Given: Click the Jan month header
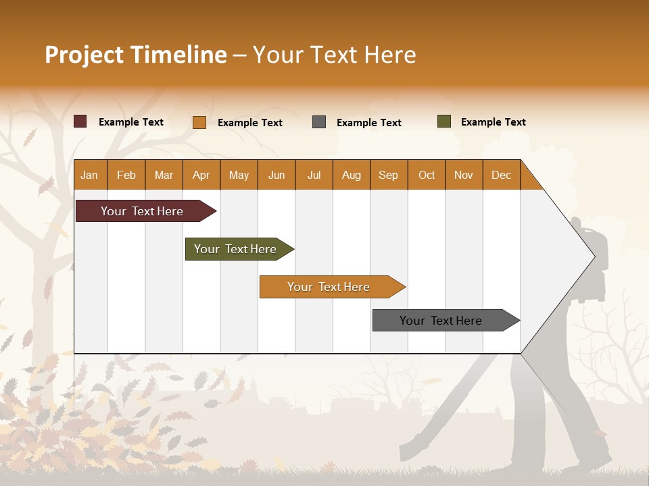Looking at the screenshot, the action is click(x=89, y=175).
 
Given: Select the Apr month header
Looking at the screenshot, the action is click(x=201, y=175).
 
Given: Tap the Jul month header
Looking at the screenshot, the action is click(x=314, y=175).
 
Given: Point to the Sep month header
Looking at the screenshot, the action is click(x=388, y=175).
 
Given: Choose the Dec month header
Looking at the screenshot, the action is click(x=501, y=175).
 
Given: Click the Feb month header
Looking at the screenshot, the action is click(x=126, y=175).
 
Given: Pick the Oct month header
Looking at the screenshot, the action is click(x=427, y=175).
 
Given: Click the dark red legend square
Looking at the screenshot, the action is click(x=80, y=122).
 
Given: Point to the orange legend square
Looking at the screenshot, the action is click(x=199, y=122).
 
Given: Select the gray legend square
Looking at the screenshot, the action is click(x=319, y=122).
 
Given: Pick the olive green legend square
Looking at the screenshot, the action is click(x=444, y=122).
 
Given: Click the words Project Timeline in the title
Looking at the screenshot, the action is click(x=136, y=55).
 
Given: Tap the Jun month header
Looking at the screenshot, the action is click(x=277, y=175).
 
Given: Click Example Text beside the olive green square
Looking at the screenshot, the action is click(x=493, y=122).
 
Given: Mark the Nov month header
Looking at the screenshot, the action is click(x=464, y=175).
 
